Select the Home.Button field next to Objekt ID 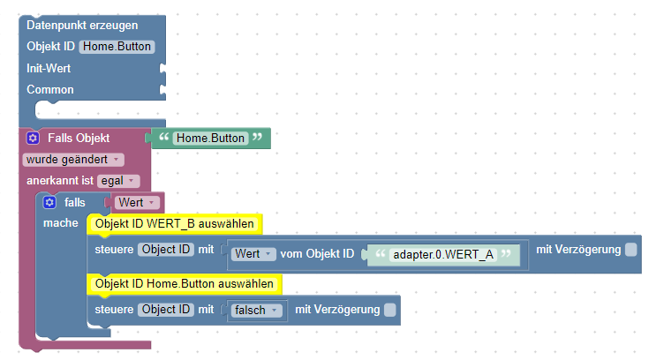click(x=117, y=47)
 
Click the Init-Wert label click(x=49, y=68)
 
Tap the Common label click(x=50, y=89)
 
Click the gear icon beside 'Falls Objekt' click(x=33, y=139)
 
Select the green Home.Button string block click(x=208, y=139)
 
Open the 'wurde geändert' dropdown click(x=72, y=160)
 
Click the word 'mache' click(x=60, y=223)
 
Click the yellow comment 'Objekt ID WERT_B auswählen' click(x=174, y=224)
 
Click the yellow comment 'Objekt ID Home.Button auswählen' click(x=185, y=284)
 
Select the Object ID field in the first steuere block click(x=166, y=250)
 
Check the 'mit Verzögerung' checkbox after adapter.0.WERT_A click(x=630, y=250)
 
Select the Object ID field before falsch click(x=166, y=310)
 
